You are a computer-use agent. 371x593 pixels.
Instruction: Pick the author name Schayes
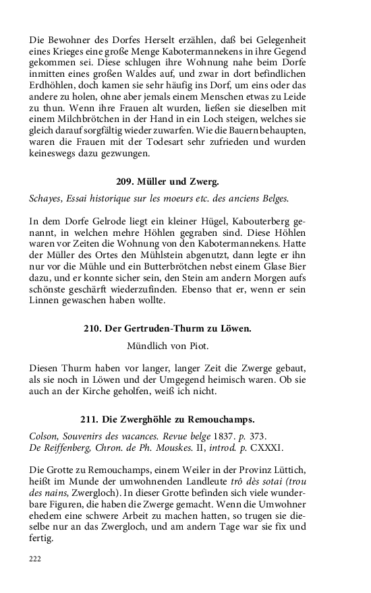[x=46, y=198]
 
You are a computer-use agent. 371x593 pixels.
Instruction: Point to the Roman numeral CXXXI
[x=267, y=447]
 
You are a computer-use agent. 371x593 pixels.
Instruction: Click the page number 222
[x=36, y=559]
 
